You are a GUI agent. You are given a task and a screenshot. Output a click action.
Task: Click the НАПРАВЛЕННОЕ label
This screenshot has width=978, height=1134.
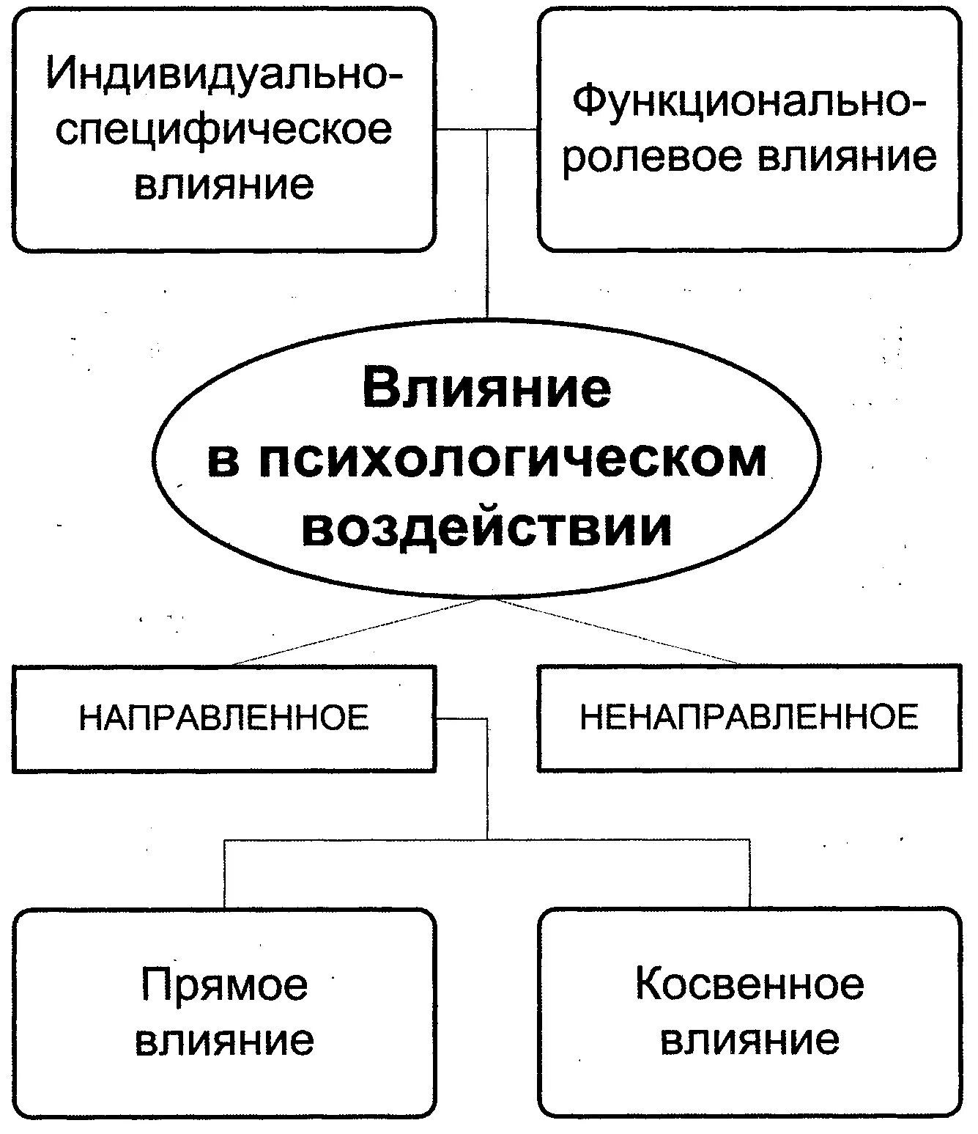tap(223, 718)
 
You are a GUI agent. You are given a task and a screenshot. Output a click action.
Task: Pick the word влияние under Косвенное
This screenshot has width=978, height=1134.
tap(749, 1039)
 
